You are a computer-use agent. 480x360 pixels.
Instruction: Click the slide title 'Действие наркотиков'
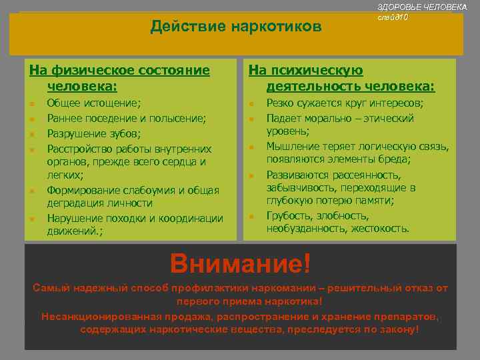point(235,26)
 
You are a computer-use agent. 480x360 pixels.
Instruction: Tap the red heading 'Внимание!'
point(241,263)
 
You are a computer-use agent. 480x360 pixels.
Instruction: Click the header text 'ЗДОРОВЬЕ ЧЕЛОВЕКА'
point(422,6)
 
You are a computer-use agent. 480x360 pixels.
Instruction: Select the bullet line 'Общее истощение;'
point(94,103)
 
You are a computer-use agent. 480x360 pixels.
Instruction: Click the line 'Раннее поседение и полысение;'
point(126,118)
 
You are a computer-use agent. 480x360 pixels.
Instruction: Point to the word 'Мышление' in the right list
point(293,147)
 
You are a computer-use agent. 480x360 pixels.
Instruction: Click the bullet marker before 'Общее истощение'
point(31,104)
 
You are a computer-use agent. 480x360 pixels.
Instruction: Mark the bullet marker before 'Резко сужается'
point(251,104)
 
